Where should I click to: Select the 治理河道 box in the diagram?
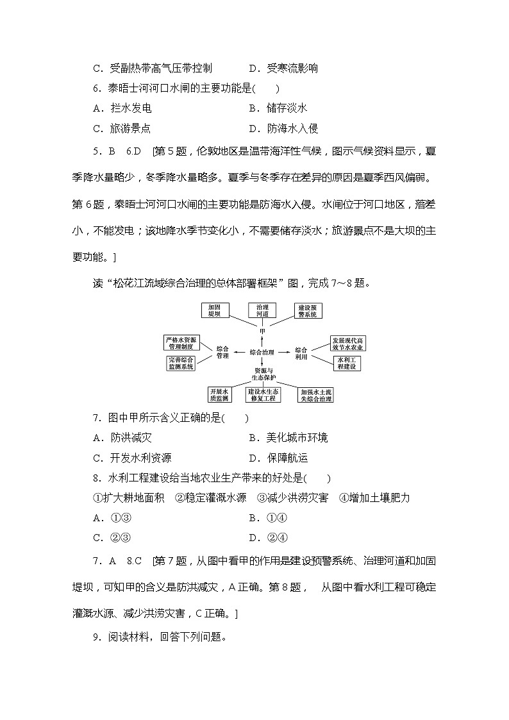(262, 310)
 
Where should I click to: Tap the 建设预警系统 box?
(308, 310)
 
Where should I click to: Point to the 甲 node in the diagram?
(262, 331)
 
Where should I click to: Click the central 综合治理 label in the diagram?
(262, 352)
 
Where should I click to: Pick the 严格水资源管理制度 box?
(180, 342)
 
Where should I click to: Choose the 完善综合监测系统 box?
(181, 364)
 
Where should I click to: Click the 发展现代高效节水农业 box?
(348, 342)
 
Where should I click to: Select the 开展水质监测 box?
(219, 394)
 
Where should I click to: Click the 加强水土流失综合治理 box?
(316, 394)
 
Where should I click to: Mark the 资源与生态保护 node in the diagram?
(263, 374)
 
